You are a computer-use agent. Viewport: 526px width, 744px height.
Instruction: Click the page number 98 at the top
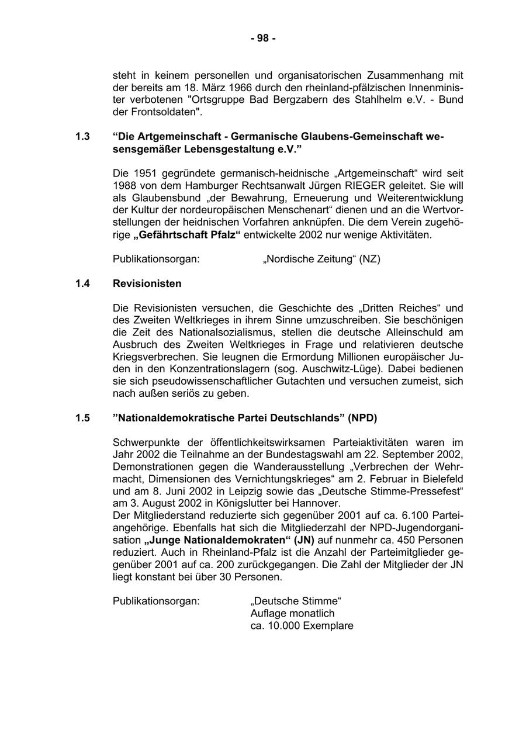pos(263,39)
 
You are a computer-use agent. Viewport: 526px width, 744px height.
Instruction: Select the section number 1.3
pos(82,137)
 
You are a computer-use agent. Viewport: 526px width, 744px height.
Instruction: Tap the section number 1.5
pos(82,418)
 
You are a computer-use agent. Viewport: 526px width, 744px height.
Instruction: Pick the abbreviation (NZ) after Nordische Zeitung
pos(369,258)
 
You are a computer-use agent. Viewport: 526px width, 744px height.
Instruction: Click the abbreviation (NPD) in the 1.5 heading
pos(362,418)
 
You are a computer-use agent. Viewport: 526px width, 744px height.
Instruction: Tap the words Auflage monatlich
pos(292,613)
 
